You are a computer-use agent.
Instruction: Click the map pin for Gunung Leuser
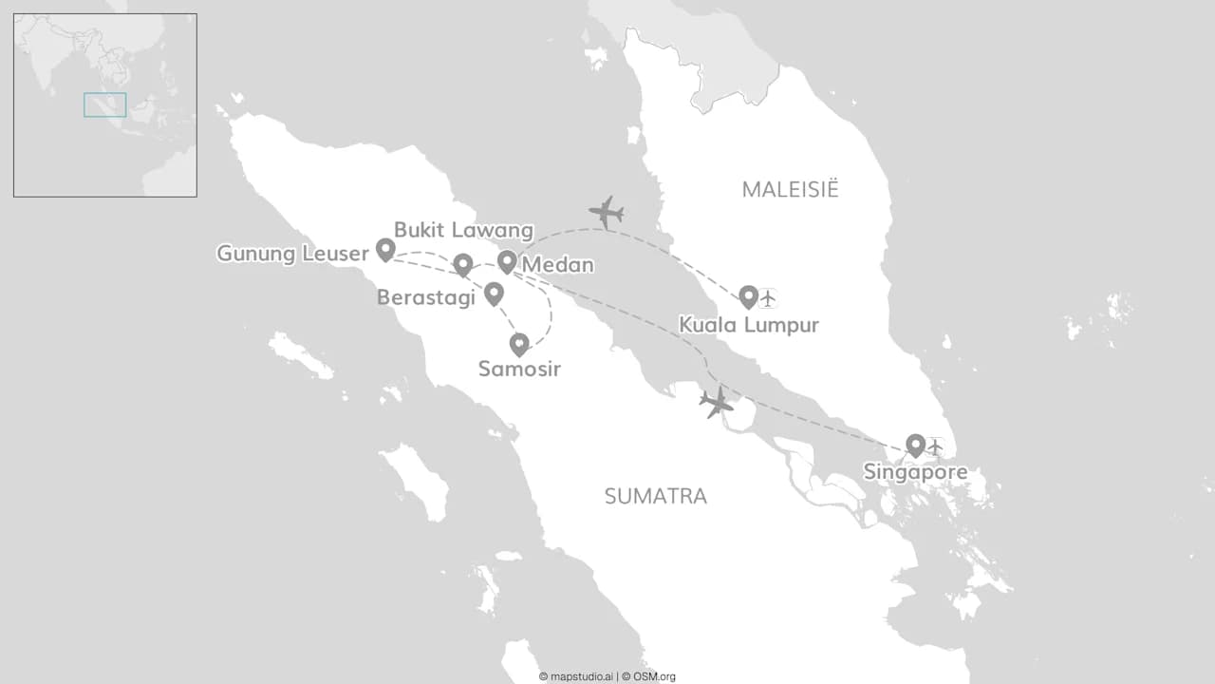tap(385, 249)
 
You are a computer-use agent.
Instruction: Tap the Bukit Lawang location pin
tap(462, 264)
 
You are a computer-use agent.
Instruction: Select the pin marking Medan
tap(507, 261)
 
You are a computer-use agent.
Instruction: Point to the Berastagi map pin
tap(494, 293)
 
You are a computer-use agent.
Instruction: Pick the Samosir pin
tap(519, 344)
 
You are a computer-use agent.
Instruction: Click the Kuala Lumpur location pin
tap(748, 296)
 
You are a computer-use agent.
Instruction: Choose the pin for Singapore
tap(915, 445)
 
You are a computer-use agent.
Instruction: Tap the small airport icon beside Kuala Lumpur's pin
tap(768, 298)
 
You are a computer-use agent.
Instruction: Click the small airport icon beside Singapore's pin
tap(935, 446)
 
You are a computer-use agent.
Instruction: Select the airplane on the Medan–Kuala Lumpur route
tap(606, 212)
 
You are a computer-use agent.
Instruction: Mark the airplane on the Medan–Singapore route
tap(717, 402)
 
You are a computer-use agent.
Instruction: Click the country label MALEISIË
tap(791, 189)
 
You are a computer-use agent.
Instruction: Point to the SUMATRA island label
tap(656, 496)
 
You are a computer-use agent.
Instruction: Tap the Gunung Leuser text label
tap(292, 254)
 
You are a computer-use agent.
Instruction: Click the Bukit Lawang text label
tap(463, 230)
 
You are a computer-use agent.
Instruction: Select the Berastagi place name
tap(426, 297)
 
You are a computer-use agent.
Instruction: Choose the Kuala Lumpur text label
tap(749, 326)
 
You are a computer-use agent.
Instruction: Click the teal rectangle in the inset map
tap(104, 104)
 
